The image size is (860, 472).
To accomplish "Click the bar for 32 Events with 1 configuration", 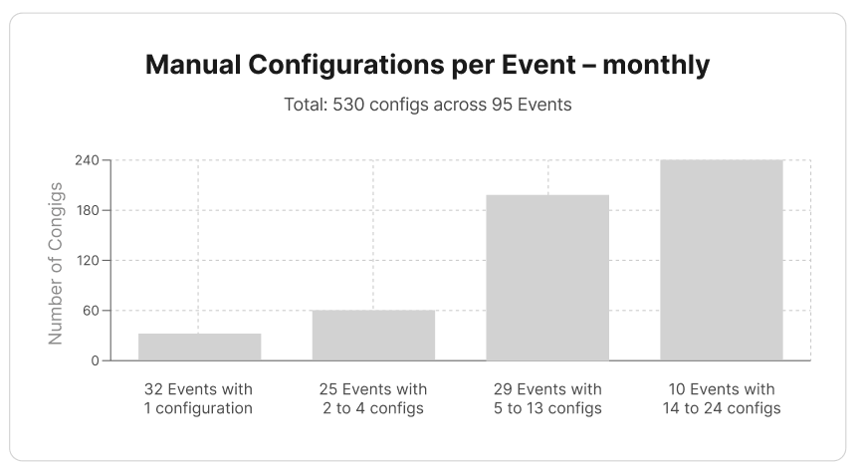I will (199, 347).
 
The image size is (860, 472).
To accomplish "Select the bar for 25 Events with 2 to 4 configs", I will (373, 335).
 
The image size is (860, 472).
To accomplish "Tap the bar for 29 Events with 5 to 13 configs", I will (547, 278).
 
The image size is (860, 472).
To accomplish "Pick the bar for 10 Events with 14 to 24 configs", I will (722, 260).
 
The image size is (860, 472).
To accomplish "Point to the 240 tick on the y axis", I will (89, 160).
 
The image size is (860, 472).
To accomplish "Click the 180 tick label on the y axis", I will (89, 210).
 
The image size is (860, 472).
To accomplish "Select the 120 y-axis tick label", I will (89, 261).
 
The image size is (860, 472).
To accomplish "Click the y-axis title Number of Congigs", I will (56, 263).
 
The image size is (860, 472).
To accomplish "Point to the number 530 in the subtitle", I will (347, 105).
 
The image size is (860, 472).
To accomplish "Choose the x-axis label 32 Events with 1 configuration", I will (199, 398).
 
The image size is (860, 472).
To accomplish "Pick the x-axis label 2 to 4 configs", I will (373, 408).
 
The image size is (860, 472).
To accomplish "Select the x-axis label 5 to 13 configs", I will (547, 408).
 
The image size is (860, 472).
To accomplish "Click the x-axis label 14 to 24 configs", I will (722, 408).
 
